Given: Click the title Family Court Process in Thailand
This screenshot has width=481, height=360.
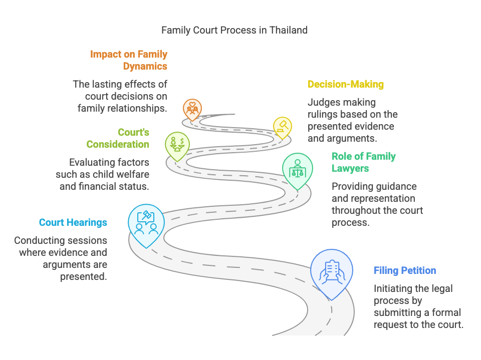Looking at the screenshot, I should click(x=234, y=30).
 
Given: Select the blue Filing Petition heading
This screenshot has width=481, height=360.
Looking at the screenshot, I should click(x=404, y=271).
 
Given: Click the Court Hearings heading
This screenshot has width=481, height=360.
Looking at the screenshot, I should click(x=73, y=222).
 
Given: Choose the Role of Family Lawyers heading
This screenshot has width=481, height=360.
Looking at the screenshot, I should click(x=363, y=162).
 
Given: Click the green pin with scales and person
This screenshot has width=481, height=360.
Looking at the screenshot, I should click(x=297, y=169).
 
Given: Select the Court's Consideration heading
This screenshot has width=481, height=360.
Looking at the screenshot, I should click(x=118, y=139).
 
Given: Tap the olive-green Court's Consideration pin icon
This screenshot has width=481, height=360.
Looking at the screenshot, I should click(x=177, y=144).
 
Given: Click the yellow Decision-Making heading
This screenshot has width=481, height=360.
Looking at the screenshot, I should click(x=345, y=84).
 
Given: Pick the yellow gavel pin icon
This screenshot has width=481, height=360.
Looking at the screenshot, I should click(x=282, y=126).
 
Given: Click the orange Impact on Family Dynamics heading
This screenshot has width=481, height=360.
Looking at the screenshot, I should click(x=129, y=60).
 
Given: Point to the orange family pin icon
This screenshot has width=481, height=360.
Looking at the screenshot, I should click(x=192, y=107).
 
